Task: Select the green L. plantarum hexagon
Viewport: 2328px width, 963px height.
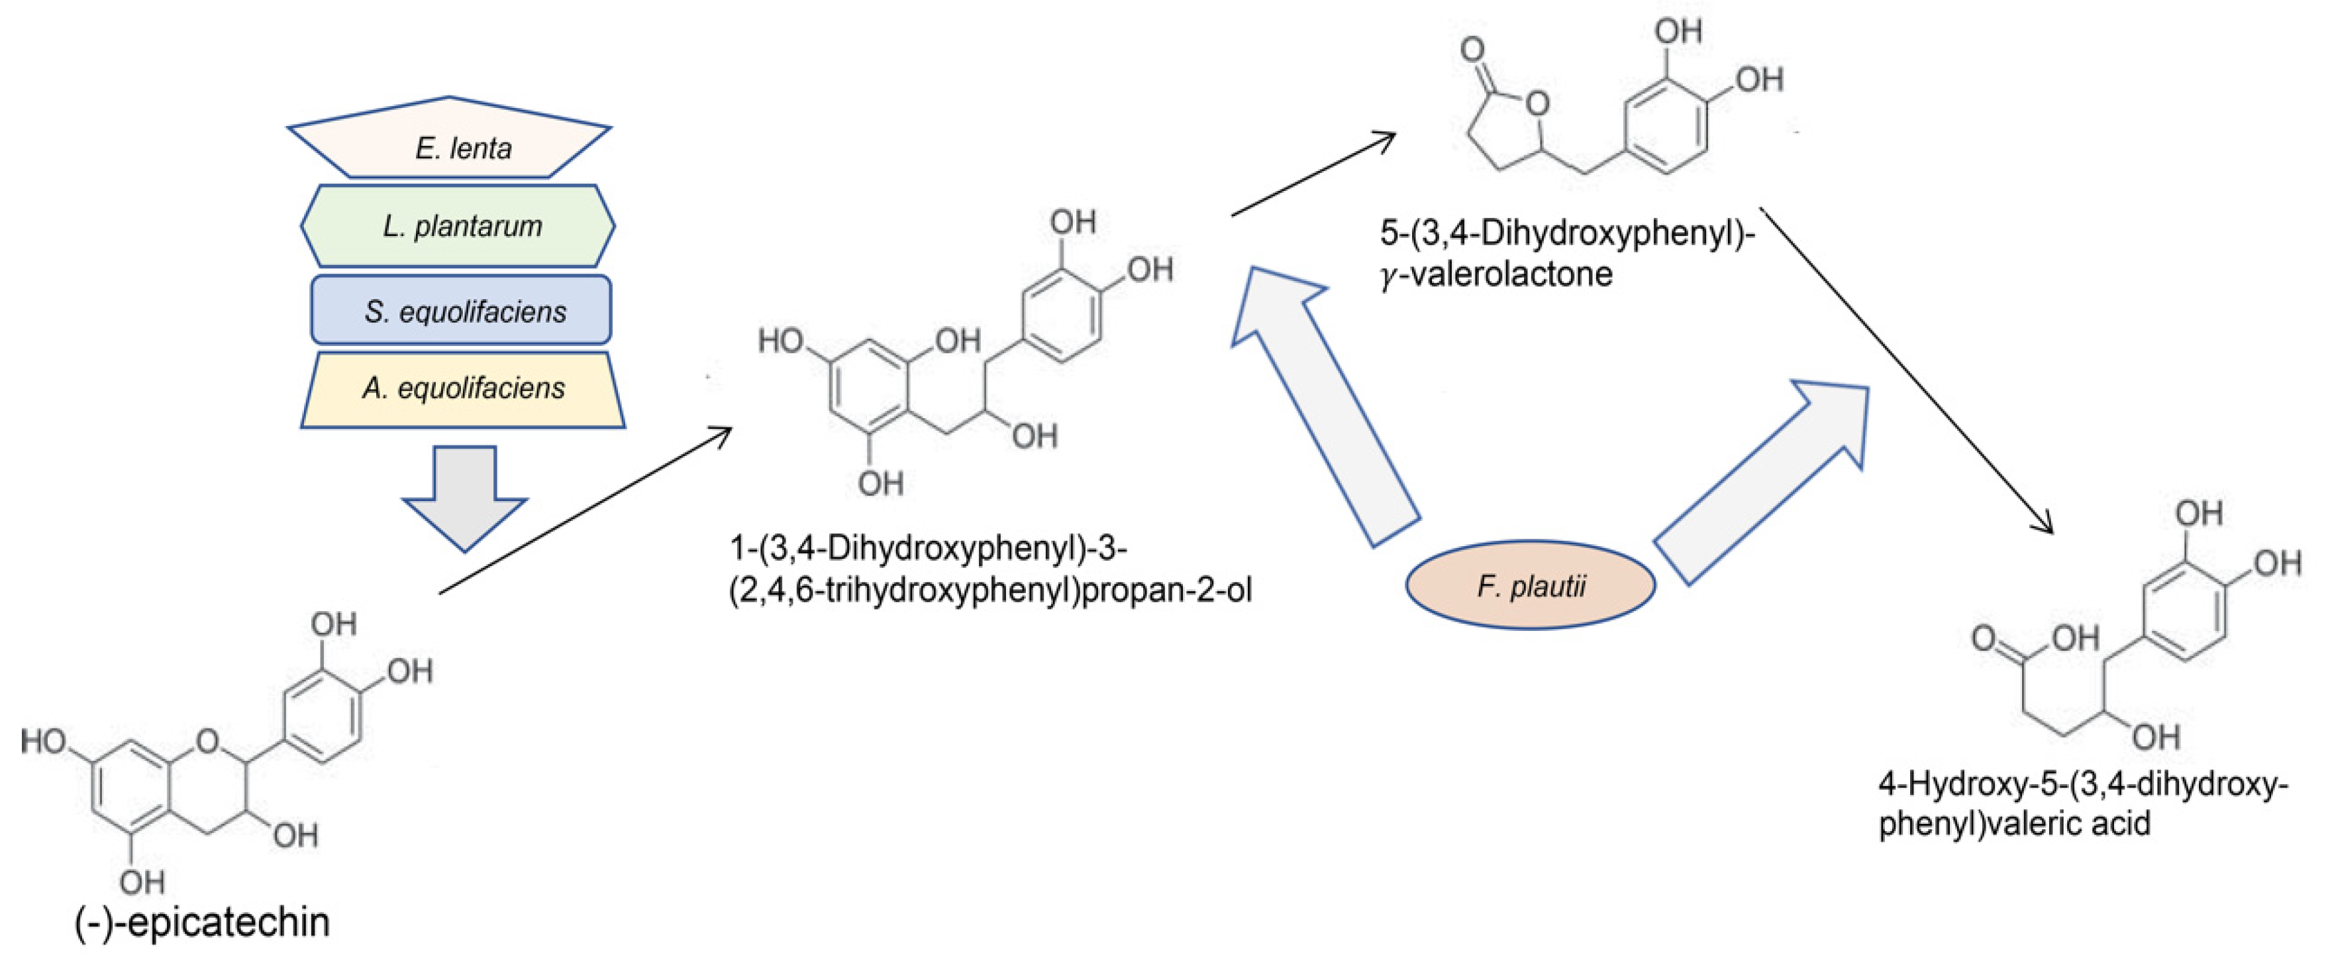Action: point(458,226)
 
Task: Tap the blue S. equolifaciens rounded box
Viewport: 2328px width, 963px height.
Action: point(461,311)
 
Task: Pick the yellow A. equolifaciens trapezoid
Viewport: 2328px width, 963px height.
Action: point(463,390)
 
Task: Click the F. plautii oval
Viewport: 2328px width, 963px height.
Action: point(1530,586)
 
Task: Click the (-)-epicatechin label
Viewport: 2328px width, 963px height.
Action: point(203,923)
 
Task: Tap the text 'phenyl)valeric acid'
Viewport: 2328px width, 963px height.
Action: point(2015,824)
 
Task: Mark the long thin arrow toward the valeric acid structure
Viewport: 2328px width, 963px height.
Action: point(1907,370)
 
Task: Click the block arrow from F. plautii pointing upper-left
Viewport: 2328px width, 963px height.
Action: point(1325,407)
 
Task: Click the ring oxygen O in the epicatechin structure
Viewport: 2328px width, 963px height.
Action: point(208,742)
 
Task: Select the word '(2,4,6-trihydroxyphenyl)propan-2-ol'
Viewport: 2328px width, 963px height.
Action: point(991,591)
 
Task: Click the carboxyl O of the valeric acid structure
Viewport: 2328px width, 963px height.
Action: point(1984,638)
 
